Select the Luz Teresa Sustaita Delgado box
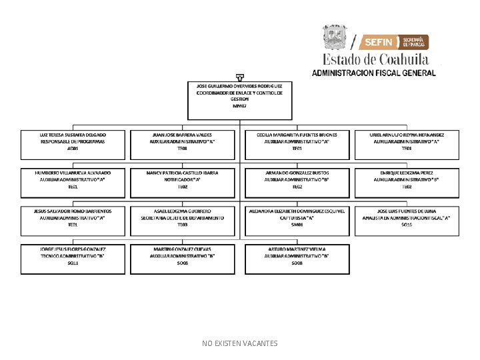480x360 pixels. pyautogui.click(x=73, y=145)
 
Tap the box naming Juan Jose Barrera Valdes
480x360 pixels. pyautogui.click(x=183, y=145)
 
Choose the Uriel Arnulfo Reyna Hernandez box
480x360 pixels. pyautogui.click(x=407, y=145)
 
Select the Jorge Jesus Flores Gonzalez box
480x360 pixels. pyautogui.click(x=73, y=259)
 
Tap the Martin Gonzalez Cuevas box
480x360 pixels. pyautogui.click(x=183, y=259)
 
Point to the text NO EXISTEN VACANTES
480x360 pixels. pyautogui.click(x=240, y=343)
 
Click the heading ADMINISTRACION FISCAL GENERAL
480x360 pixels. pyautogui.click(x=374, y=73)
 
